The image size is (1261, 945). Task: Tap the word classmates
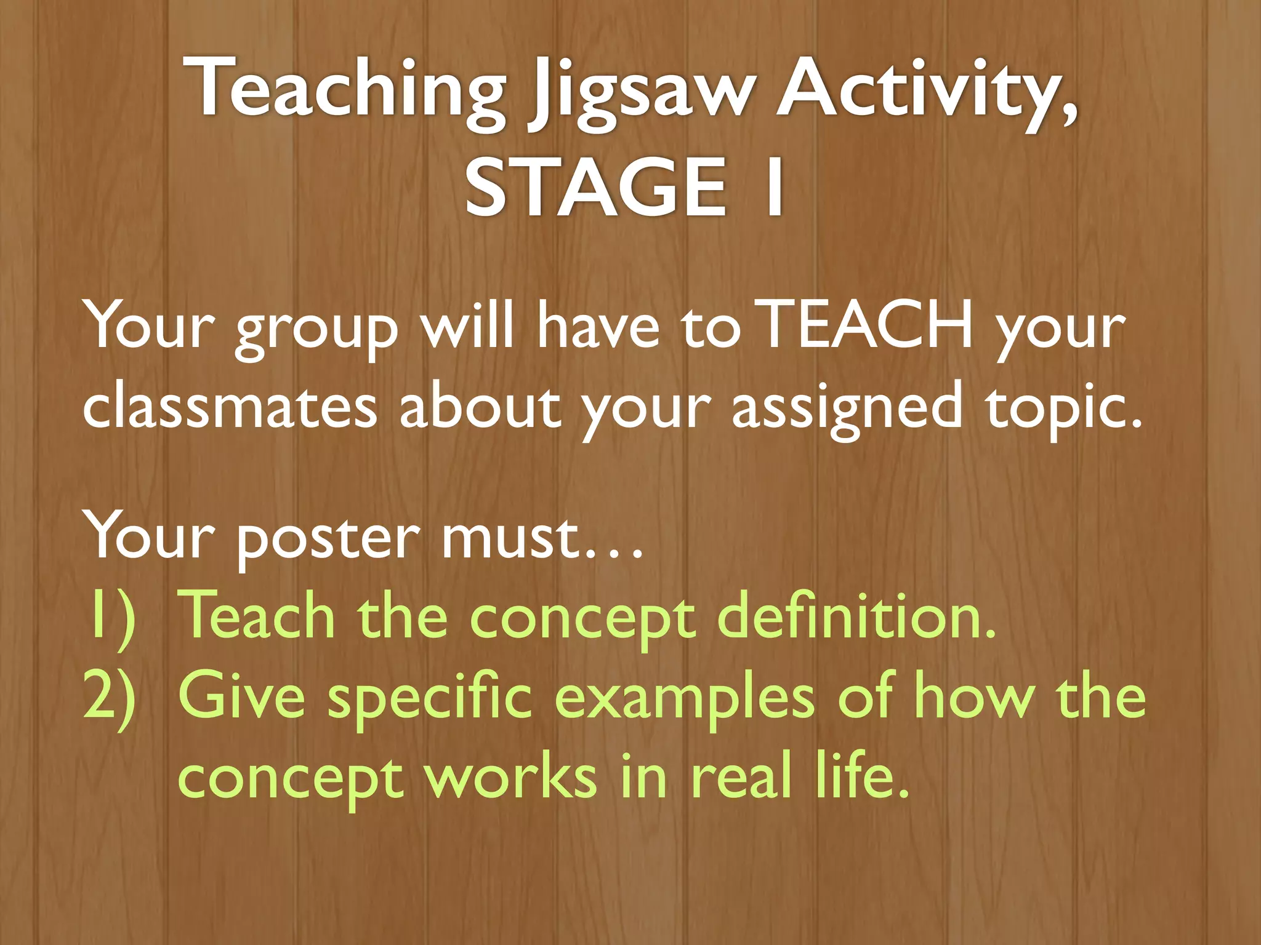tap(230, 407)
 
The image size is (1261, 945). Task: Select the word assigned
tap(847, 409)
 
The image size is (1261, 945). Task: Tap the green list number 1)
tap(111, 617)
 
